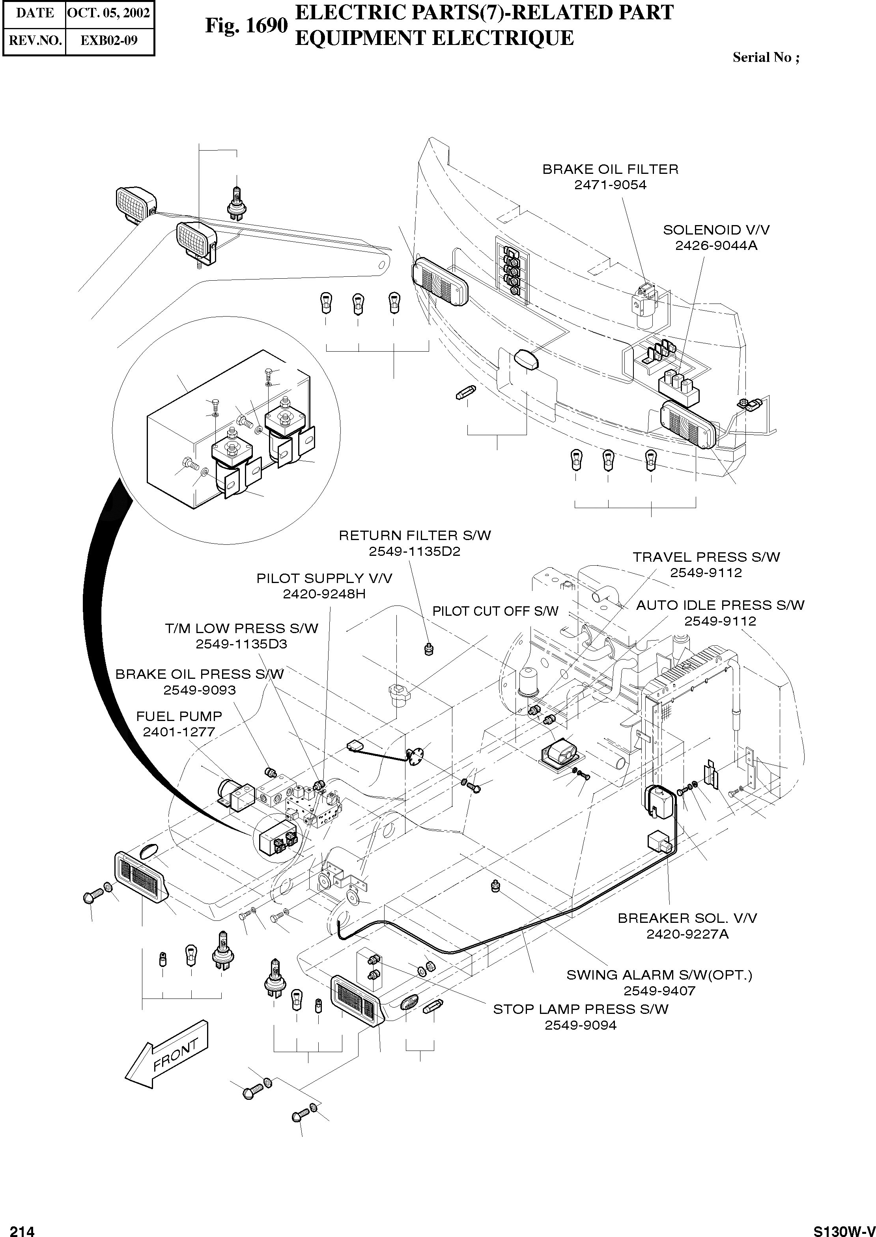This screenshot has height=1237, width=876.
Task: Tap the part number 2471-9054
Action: click(x=610, y=185)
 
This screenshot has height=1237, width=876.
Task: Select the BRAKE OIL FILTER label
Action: click(x=610, y=169)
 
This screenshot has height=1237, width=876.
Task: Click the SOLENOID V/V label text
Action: click(x=716, y=230)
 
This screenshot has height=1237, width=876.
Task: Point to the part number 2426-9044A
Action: click(x=716, y=246)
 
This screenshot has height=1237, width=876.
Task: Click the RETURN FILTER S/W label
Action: click(x=415, y=535)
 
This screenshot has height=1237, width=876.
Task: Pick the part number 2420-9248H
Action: click(x=324, y=594)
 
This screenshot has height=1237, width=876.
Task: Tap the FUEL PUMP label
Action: click(x=179, y=716)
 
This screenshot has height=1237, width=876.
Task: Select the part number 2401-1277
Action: click(x=179, y=732)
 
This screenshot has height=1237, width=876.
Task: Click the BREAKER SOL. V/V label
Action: click(x=687, y=918)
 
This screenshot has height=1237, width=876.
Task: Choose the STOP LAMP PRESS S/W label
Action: click(x=581, y=1009)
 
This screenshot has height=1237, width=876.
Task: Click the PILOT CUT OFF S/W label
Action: click(x=495, y=611)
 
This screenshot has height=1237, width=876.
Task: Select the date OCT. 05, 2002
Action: click(x=108, y=13)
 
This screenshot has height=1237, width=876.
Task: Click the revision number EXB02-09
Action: click(x=109, y=41)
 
